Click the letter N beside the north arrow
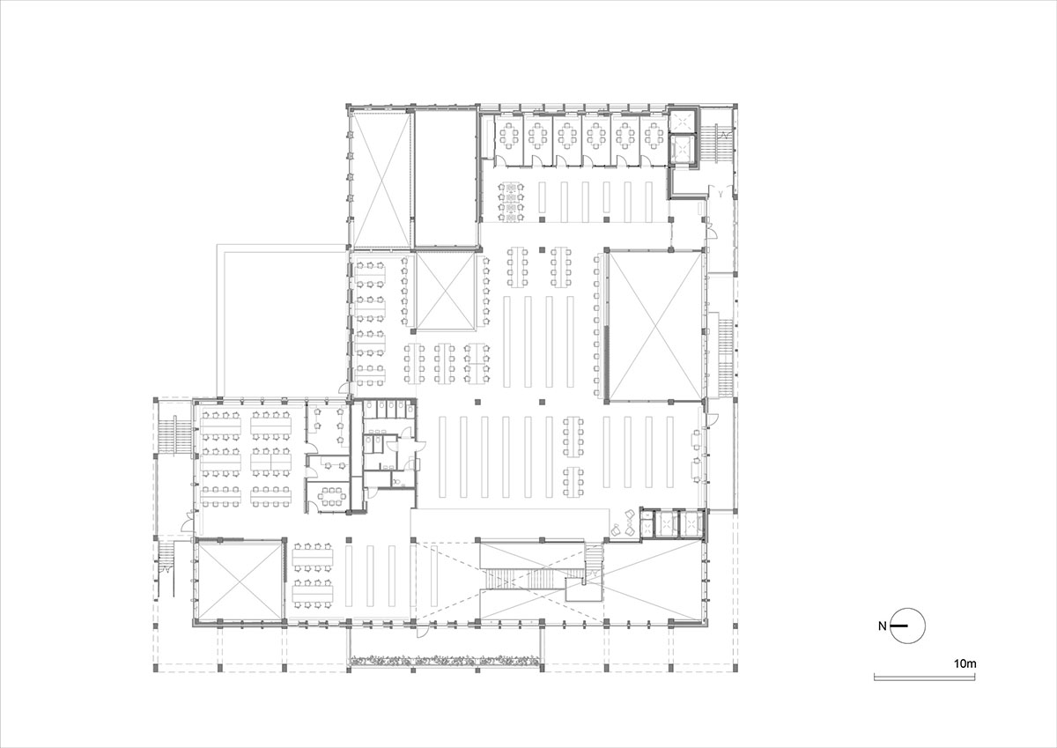(x=883, y=626)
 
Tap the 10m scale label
(x=965, y=662)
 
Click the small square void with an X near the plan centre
(x=444, y=290)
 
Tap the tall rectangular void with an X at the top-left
(x=380, y=178)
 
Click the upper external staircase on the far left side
(x=174, y=434)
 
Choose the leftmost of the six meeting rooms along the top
(x=508, y=137)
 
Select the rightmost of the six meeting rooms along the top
(x=653, y=137)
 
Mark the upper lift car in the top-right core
(x=683, y=121)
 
